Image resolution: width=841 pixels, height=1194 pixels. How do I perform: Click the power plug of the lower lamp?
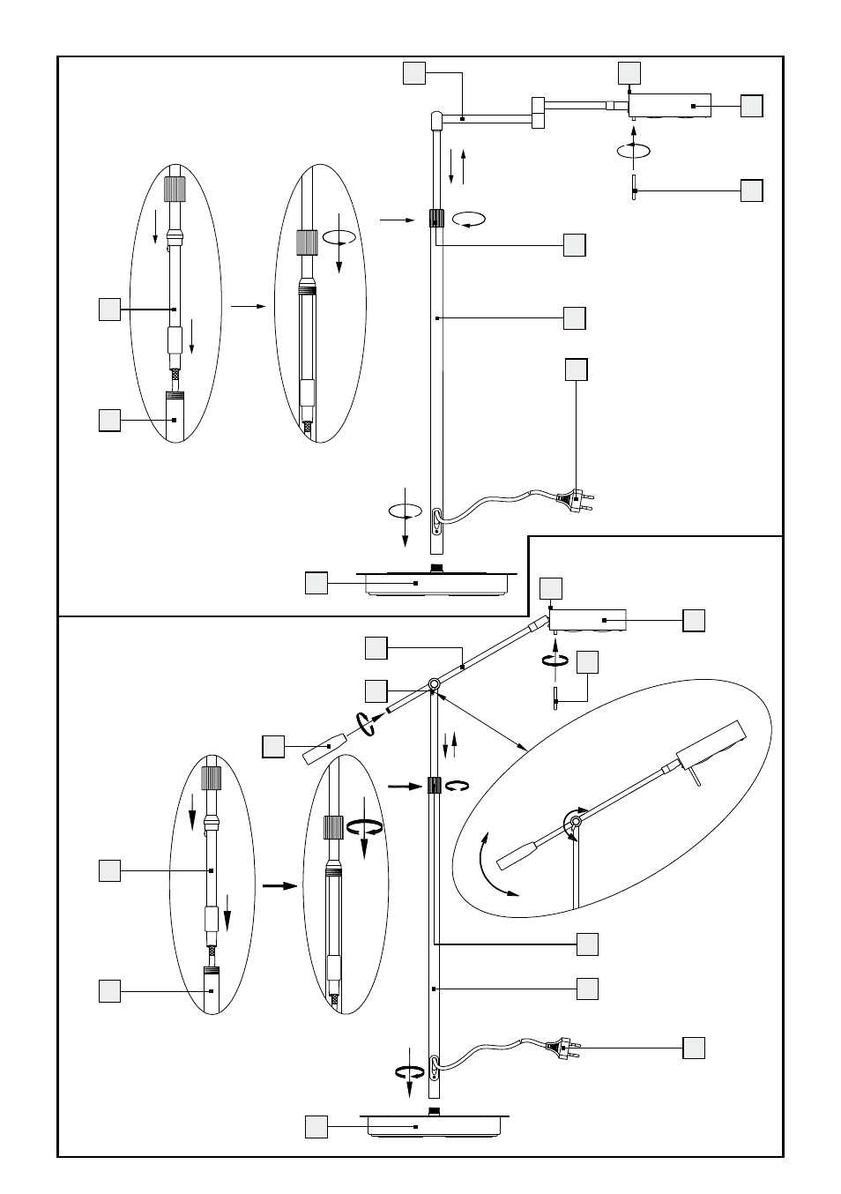pyautogui.click(x=561, y=1049)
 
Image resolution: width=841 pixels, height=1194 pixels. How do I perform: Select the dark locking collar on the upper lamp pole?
pyautogui.click(x=435, y=219)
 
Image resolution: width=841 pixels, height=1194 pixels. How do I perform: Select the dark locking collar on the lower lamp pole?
pyautogui.click(x=434, y=785)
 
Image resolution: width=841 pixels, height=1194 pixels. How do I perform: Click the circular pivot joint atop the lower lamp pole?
pyautogui.click(x=433, y=685)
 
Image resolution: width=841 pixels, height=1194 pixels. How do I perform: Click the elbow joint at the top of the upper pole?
pyautogui.click(x=436, y=118)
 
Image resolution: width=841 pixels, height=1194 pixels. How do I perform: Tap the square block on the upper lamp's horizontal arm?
pyautogui.click(x=538, y=113)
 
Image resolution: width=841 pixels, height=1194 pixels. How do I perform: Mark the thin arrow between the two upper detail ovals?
pyautogui.click(x=248, y=305)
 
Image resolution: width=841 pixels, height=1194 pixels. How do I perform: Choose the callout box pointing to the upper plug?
pyautogui.click(x=576, y=369)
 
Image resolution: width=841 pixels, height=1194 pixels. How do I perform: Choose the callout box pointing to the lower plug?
pyautogui.click(x=693, y=1048)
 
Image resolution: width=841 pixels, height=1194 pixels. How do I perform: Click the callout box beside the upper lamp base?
pyautogui.click(x=316, y=583)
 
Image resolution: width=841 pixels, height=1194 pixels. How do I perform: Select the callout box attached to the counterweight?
pyautogui.click(x=273, y=747)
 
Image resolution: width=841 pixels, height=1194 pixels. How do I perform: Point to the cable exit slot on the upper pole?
pyautogui.click(x=436, y=520)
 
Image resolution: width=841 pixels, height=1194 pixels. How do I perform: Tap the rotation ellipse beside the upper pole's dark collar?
pyautogui.click(x=468, y=218)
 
